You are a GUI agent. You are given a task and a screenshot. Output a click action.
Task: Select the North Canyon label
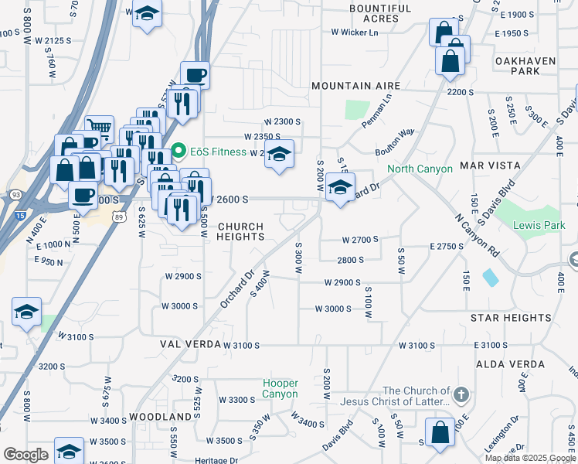pos(420,169)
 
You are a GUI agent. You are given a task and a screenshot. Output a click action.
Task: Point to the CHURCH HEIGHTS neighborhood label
pos(240,232)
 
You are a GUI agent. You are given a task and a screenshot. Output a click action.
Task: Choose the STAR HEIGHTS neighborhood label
pos(511,318)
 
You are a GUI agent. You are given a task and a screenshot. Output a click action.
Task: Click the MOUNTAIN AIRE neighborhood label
pos(355,86)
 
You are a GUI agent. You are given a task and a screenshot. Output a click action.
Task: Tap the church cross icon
pos(461,394)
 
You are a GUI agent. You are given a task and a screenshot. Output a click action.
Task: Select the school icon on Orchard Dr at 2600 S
pos(340,186)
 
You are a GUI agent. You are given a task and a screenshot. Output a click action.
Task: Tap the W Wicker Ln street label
pos(355,32)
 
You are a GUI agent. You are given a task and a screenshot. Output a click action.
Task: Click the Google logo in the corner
pos(25,454)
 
